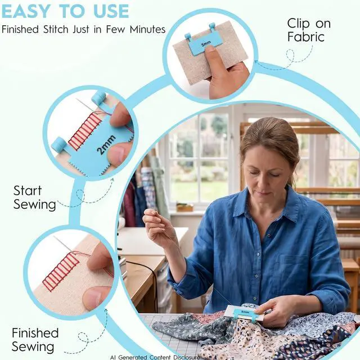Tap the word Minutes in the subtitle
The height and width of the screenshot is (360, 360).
pos(147,30)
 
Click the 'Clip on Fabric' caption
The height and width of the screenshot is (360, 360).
pos(309,30)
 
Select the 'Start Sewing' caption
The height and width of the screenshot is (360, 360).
pos(35,197)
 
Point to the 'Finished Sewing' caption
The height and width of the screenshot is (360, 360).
pos(35,340)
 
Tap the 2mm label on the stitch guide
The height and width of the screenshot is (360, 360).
pos(106,145)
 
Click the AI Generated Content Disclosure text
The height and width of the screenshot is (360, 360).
pos(155,357)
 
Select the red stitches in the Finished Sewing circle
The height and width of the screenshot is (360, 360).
pos(61,269)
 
